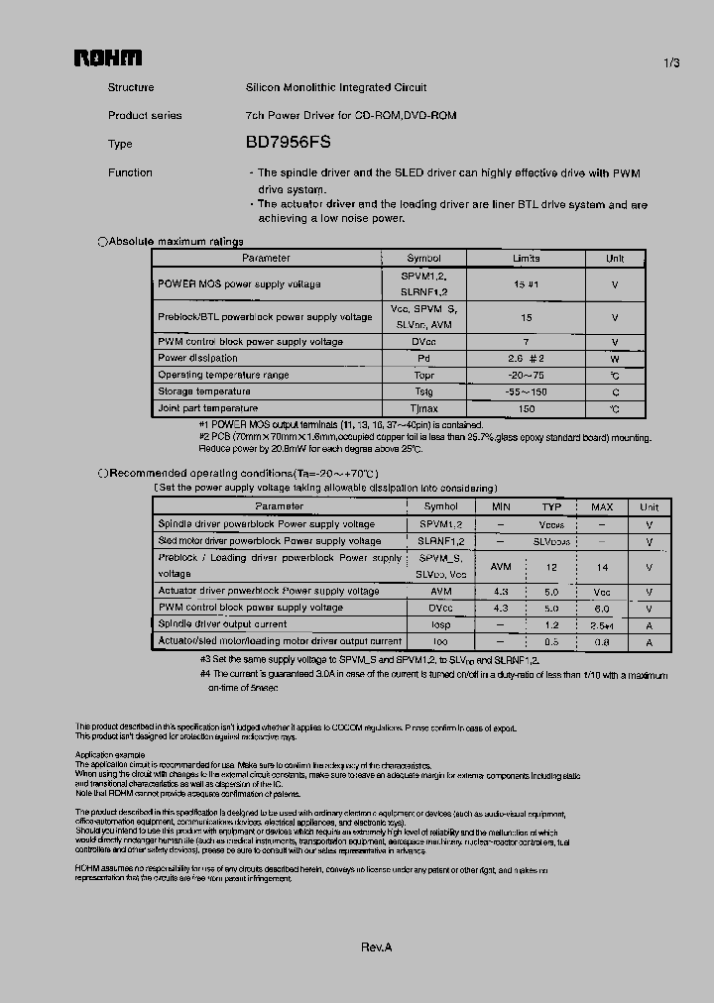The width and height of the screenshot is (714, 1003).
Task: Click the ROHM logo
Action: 108,58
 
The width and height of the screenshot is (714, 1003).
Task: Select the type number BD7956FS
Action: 282,143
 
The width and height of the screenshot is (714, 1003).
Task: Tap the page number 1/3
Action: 671,63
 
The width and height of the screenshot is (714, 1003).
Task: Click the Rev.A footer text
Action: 377,947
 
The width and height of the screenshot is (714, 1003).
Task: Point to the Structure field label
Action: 130,87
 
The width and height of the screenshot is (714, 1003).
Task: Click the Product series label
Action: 145,115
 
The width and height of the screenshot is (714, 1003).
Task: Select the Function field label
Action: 130,172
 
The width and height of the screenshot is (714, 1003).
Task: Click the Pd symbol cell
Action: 423,358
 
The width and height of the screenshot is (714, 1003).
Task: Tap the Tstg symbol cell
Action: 423,391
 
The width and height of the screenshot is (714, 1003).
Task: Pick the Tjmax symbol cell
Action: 423,408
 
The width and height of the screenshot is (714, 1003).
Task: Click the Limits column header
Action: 526,258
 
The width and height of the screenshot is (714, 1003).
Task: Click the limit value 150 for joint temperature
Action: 526,408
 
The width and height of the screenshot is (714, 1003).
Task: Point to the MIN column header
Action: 501,506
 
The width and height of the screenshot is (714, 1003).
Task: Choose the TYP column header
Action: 551,506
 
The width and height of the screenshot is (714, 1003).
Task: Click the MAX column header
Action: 602,506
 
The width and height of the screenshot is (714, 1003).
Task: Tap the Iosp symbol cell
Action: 440,624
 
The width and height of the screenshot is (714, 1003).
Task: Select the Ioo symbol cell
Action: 440,641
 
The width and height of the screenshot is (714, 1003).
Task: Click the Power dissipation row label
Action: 197,358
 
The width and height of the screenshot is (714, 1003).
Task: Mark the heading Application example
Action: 109,755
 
